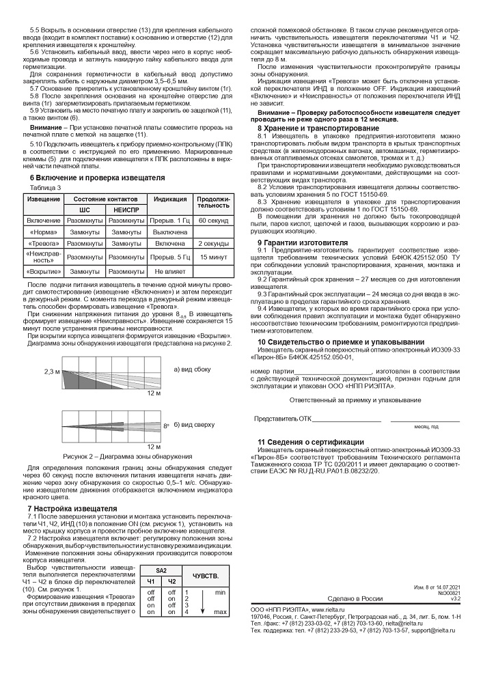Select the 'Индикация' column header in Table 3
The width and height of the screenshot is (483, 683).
pyautogui.click(x=169, y=199)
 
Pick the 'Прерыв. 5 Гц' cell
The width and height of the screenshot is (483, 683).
pyautogui.click(x=169, y=256)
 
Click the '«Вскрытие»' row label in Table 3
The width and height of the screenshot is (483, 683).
pyautogui.click(x=44, y=272)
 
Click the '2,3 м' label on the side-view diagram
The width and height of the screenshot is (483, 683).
pyautogui.click(x=53, y=372)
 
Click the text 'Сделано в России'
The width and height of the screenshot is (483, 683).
pyautogui.click(x=355, y=598)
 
